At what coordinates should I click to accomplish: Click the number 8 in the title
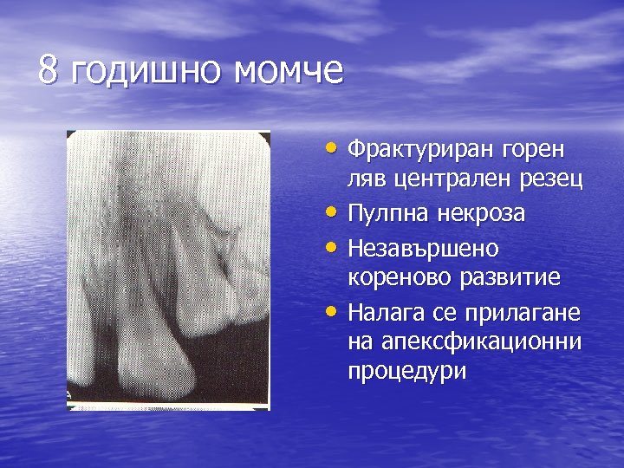[49, 71]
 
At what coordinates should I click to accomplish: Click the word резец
[550, 180]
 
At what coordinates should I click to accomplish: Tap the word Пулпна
[387, 213]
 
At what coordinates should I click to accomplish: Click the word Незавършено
[422, 247]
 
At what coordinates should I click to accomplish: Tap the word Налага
[382, 310]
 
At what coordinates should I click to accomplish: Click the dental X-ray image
[169, 269]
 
